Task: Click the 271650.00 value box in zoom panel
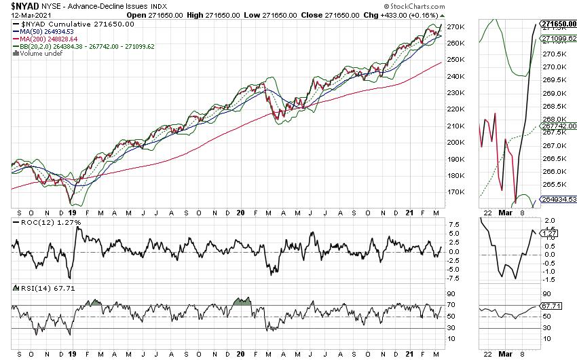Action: pyautogui.click(x=558, y=24)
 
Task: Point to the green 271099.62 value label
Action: pyautogui.click(x=558, y=39)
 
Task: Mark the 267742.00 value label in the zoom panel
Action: pyautogui.click(x=558, y=126)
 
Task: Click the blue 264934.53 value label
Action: pyautogui.click(x=558, y=199)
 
